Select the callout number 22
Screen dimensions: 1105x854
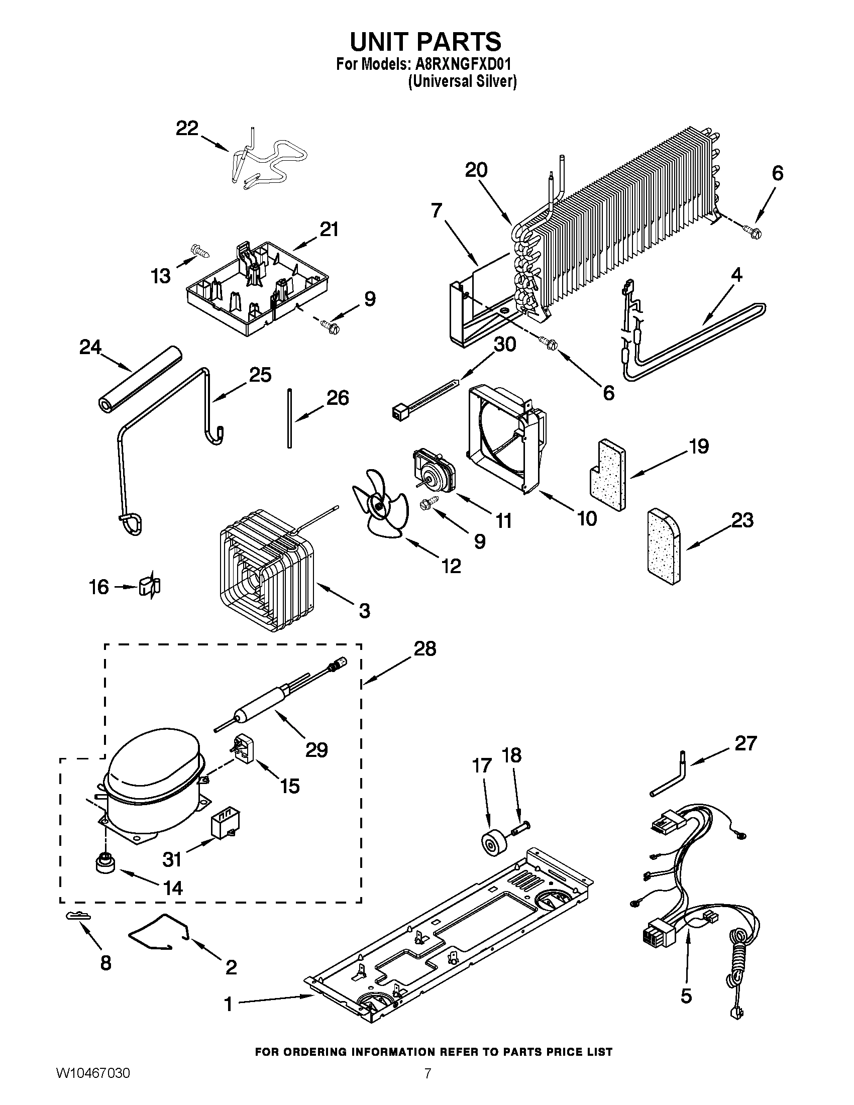[187, 129]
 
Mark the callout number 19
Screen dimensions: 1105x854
[699, 446]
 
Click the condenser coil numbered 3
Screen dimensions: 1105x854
[263, 572]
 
